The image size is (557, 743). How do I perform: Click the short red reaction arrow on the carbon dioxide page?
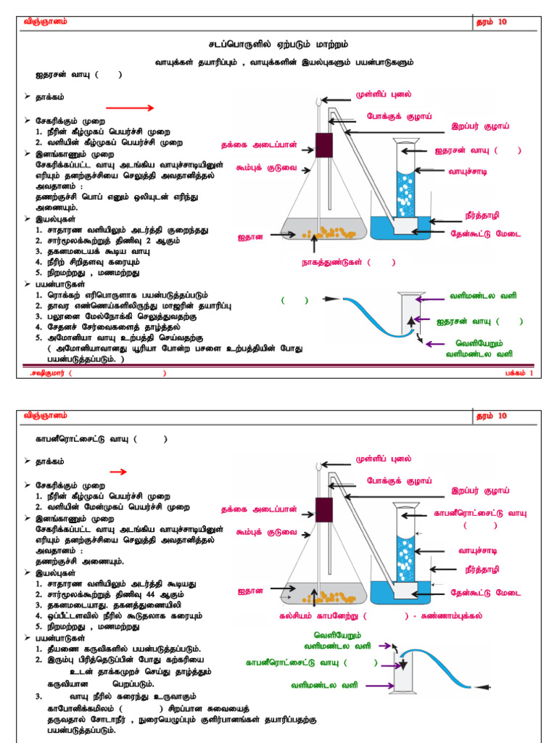click(x=118, y=472)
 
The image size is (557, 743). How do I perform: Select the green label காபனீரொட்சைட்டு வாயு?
click(x=294, y=662)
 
